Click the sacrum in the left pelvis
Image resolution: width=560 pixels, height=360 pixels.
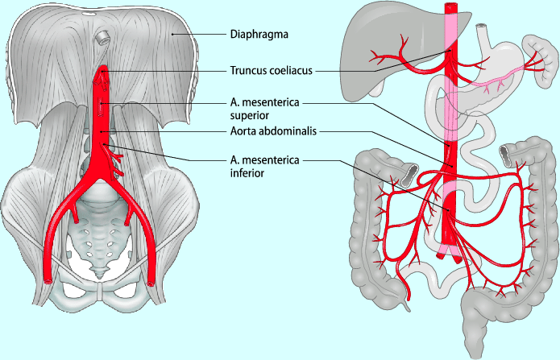(x=101, y=238)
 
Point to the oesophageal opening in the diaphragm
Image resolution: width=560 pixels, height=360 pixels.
(x=103, y=37)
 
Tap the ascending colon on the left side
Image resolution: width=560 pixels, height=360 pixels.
(x=363, y=226)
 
